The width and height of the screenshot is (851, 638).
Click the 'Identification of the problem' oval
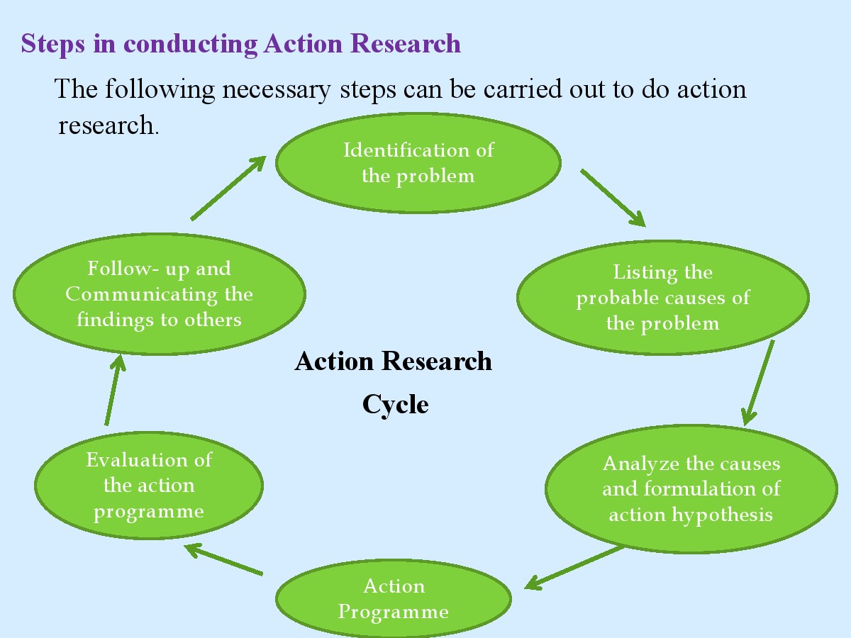coord(418,163)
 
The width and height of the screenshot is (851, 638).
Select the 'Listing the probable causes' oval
coord(663,298)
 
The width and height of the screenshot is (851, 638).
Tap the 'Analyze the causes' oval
coord(691,489)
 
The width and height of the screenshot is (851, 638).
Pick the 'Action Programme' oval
coord(394,599)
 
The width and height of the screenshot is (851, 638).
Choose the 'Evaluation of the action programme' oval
coord(149,486)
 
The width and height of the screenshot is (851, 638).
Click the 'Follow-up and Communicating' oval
coord(160,293)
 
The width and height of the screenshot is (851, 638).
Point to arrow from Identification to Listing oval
coord(613,198)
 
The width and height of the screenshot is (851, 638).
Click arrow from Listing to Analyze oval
coord(758,383)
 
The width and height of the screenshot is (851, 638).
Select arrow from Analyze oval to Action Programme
coord(575,567)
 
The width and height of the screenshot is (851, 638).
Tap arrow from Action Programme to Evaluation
coord(224,559)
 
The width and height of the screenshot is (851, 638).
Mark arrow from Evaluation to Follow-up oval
coord(114,390)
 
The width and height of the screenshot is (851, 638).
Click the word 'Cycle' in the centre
coord(395,405)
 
